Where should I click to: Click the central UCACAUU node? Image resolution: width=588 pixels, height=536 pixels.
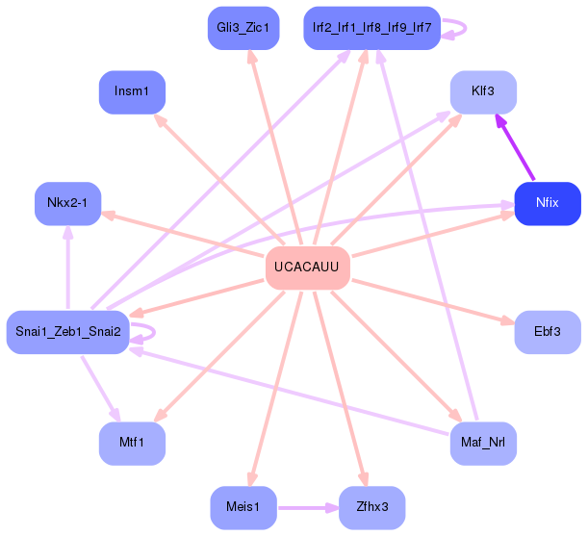306,267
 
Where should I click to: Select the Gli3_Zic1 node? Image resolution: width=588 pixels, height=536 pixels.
243,28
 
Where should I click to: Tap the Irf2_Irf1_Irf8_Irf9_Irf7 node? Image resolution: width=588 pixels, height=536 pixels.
371,28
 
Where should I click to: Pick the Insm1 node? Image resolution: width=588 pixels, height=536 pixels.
132,92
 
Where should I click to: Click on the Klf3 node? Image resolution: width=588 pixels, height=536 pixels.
483,92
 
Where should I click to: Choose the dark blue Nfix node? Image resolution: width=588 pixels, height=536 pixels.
547,203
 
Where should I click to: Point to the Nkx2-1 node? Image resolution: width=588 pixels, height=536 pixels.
67,203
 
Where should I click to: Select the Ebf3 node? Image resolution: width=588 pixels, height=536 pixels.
547,331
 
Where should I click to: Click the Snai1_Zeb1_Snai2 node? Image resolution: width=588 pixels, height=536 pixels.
67,331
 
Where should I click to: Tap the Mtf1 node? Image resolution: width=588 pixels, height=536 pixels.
132,443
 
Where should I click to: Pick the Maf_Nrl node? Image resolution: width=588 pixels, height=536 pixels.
483,443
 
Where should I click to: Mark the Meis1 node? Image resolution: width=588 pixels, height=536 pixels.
243,507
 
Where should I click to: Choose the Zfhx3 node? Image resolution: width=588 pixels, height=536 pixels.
371,507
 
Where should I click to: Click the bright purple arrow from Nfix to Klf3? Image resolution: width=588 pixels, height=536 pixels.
515,148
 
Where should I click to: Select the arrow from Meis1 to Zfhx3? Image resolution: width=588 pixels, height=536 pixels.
306,507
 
